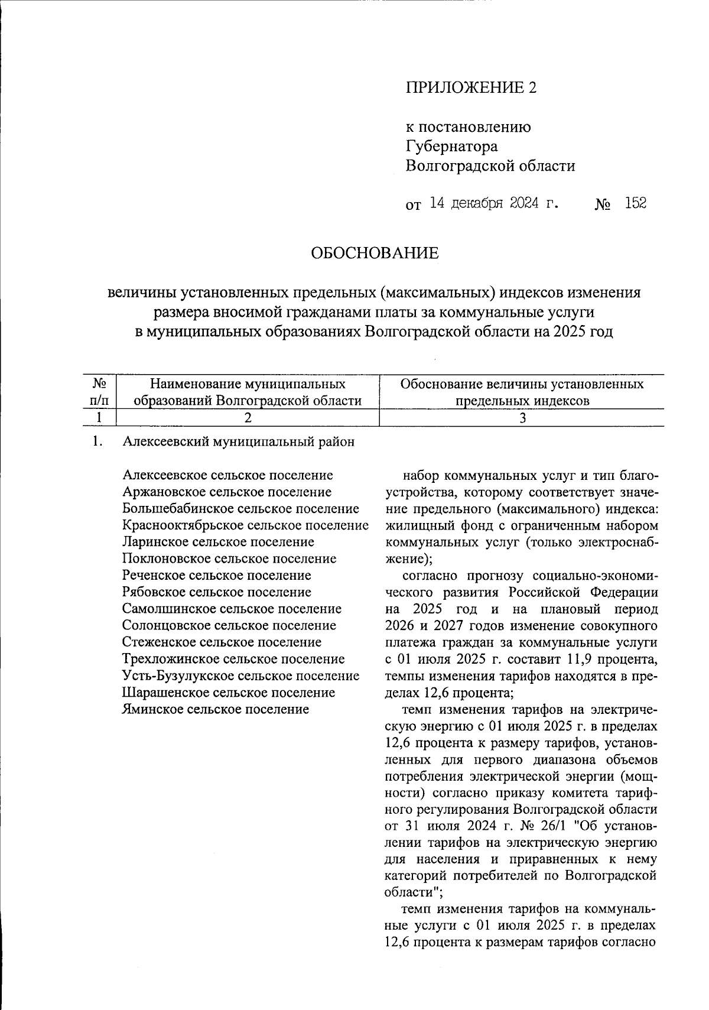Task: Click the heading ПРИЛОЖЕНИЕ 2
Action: [x=472, y=87]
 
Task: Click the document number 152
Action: [x=635, y=203]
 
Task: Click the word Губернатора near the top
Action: [x=451, y=146]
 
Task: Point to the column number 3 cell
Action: [x=521, y=417]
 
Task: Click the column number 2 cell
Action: [x=248, y=417]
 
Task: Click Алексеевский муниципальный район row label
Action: [x=239, y=441]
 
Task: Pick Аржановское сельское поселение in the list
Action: [x=227, y=492]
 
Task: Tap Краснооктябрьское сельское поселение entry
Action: [x=245, y=525]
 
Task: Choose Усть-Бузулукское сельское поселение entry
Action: [x=240, y=676]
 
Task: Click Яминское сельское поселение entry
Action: [x=215, y=709]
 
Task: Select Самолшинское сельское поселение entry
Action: [x=232, y=608]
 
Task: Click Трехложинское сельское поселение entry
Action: [x=233, y=658]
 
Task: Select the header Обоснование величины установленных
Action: [x=521, y=384]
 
